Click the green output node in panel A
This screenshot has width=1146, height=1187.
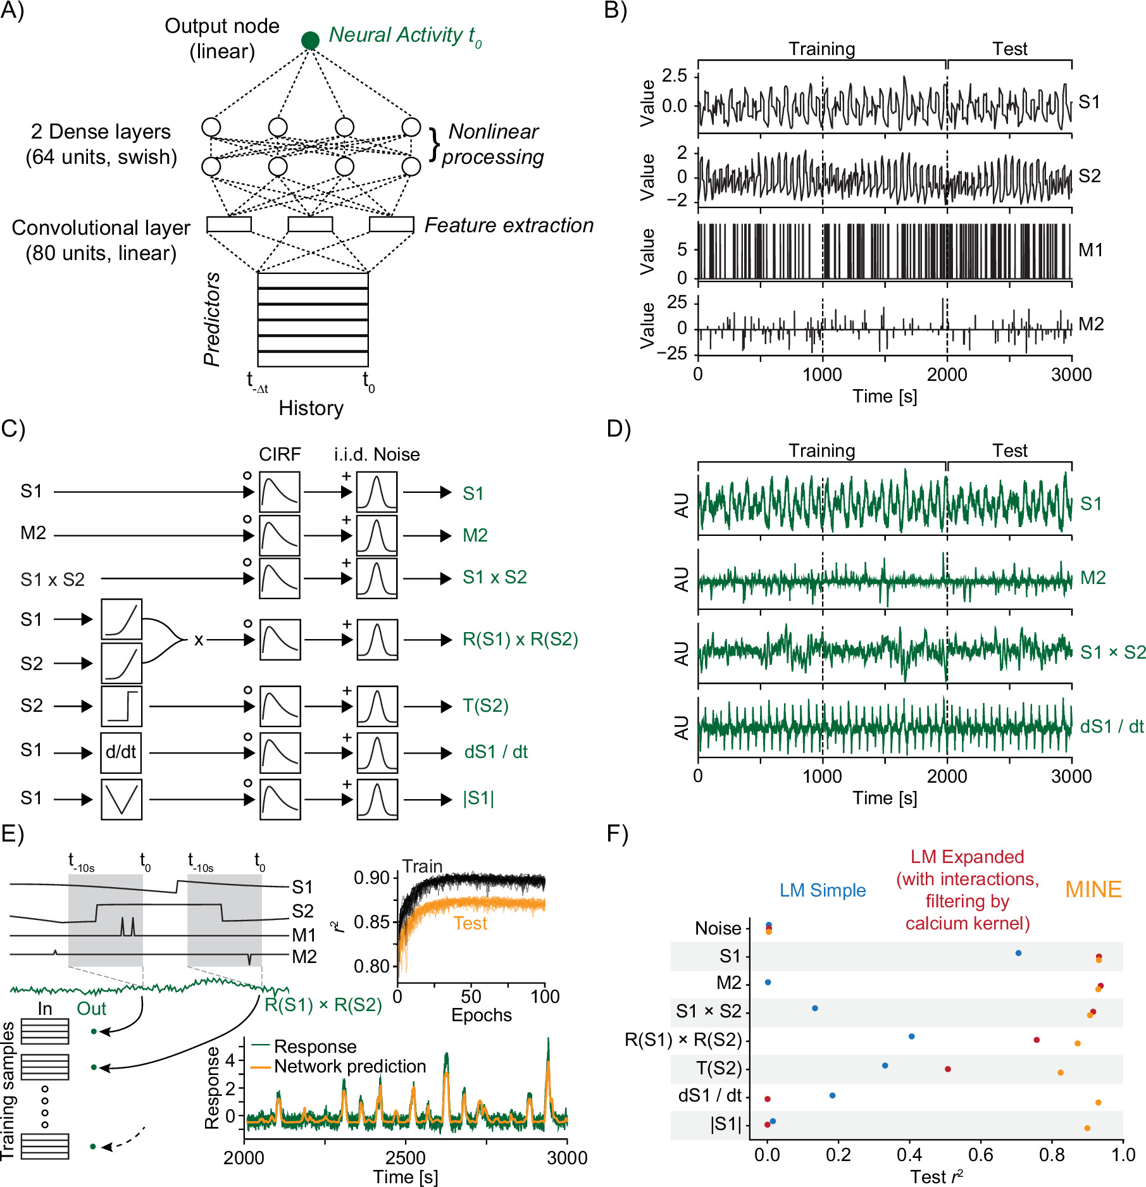pos(310,40)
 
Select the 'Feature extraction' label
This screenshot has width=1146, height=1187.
pos(509,225)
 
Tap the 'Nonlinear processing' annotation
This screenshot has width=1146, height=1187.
pos(493,144)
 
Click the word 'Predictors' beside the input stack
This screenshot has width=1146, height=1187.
pos(212,319)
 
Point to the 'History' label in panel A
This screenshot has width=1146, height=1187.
pos(311,408)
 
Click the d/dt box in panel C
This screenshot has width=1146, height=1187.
pos(121,752)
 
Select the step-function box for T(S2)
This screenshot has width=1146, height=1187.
pos(121,706)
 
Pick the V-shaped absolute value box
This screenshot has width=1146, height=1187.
pos(121,799)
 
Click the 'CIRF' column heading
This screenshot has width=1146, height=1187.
pos(280,454)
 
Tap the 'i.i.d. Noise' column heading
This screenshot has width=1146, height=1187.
pos(377,454)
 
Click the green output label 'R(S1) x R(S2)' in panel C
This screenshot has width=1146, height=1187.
pos(520,640)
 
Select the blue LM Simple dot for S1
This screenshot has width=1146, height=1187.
pos(1018,953)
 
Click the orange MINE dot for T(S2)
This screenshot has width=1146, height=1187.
pos(1061,1072)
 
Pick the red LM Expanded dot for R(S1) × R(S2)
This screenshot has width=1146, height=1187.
pos(1037,1040)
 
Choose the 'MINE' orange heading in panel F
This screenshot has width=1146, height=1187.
pos(1093,890)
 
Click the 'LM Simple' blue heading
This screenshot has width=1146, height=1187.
pos(822,890)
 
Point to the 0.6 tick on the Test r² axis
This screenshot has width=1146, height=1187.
pos(980,1155)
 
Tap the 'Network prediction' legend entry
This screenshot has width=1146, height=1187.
pos(349,1066)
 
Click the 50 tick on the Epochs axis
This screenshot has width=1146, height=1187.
pos(471,997)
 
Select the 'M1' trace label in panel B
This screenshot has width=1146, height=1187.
pos(1090,251)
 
